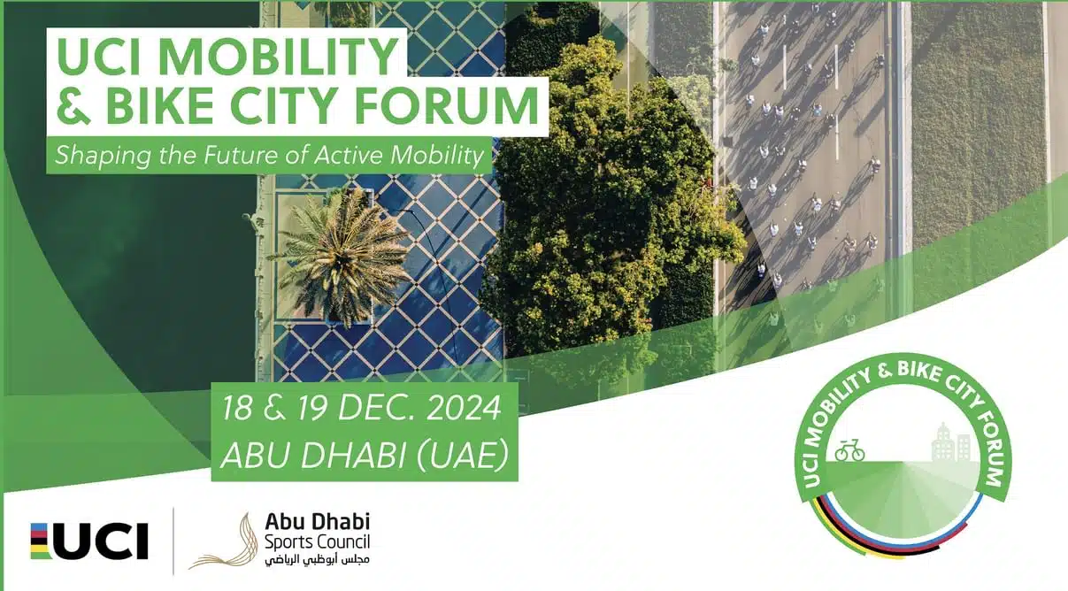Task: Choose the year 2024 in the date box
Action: pos(463,409)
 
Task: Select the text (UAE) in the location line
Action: pos(463,455)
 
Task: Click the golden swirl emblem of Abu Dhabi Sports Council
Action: pos(225,541)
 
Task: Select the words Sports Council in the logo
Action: pos(317,542)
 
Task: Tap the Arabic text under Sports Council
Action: pos(317,559)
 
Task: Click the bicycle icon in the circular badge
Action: pos(849,450)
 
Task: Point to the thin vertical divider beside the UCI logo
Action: pos(173,541)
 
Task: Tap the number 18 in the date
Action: pos(237,409)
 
